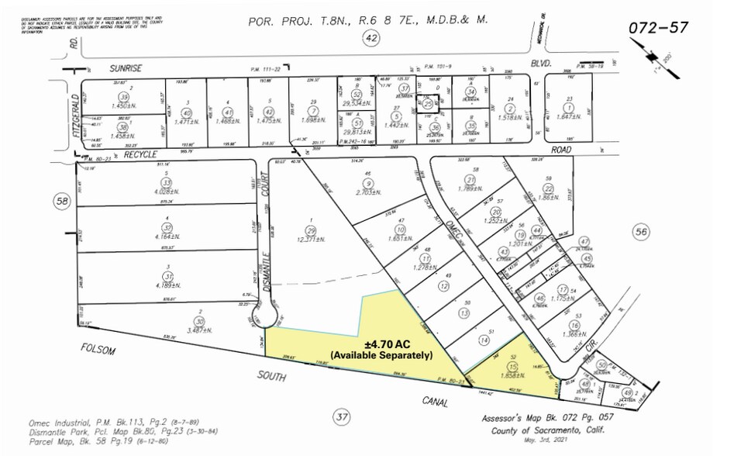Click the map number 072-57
coord(657,29)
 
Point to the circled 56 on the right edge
coord(639,230)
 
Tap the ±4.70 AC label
coord(379,344)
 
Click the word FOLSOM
coord(99,350)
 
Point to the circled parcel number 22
coord(548,189)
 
